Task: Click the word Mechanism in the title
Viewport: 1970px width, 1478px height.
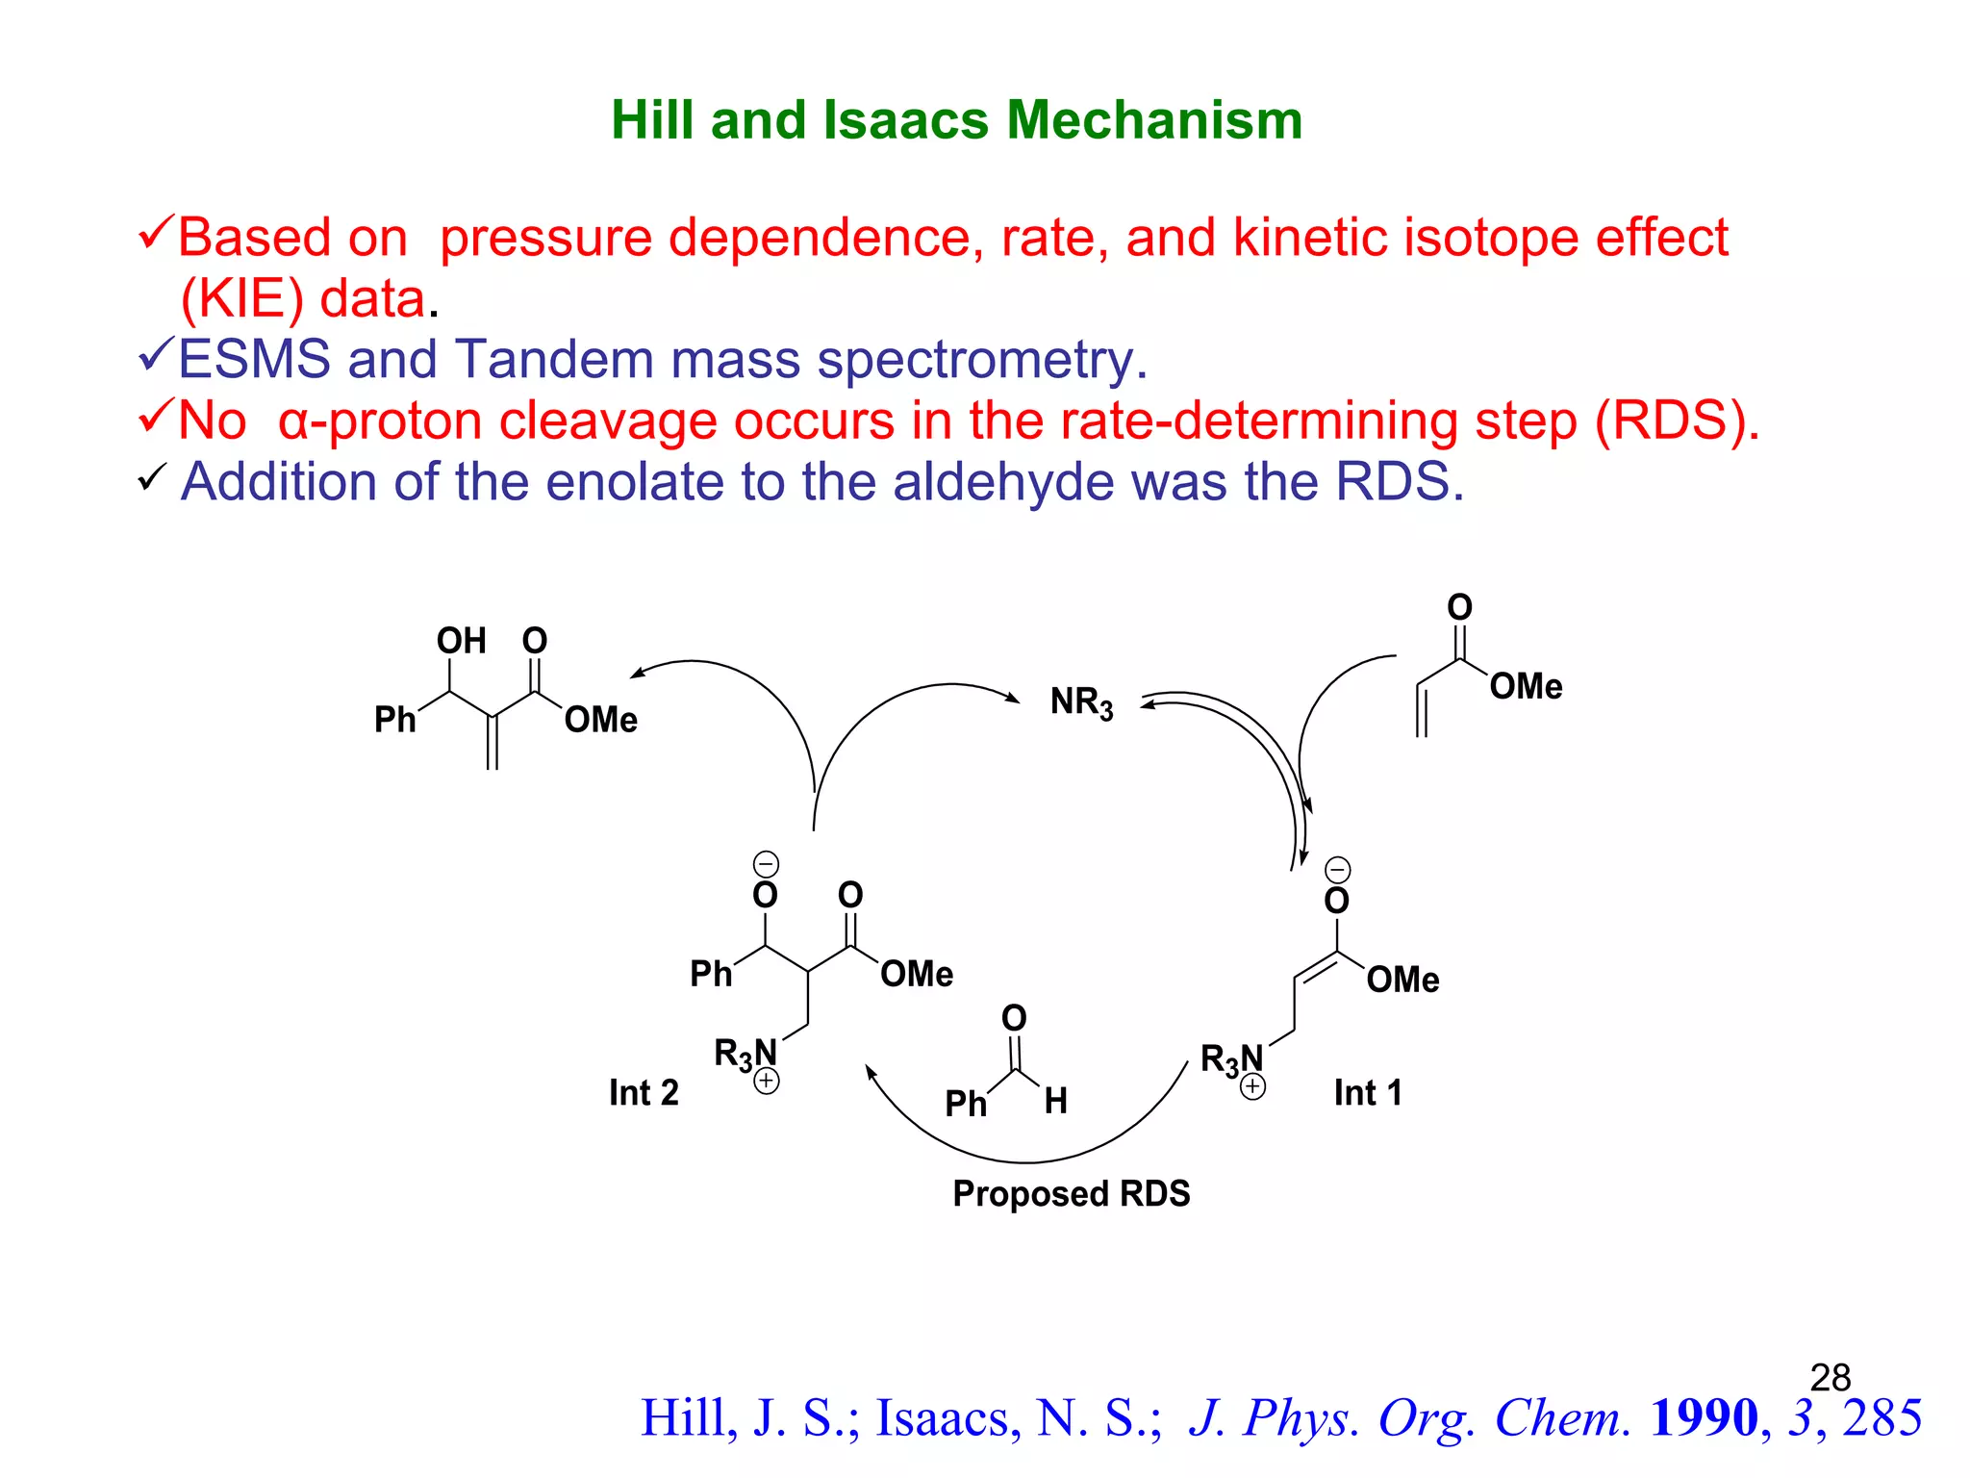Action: tap(1154, 120)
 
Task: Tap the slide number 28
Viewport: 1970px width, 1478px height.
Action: tap(1830, 1377)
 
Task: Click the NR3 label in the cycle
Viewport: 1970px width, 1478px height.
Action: tap(1081, 702)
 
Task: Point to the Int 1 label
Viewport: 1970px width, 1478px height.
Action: tap(1367, 1093)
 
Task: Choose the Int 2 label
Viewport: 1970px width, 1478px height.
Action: tap(644, 1093)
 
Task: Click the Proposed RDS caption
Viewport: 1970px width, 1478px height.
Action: tap(1071, 1194)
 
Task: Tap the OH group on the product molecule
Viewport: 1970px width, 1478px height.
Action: tap(461, 641)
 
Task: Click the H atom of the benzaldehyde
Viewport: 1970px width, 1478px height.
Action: tap(1055, 1101)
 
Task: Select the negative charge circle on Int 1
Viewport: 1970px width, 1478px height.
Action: tap(1337, 870)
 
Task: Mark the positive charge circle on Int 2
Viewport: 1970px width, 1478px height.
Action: tap(767, 1082)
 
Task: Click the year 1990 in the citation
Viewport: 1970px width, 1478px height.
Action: tap(1704, 1417)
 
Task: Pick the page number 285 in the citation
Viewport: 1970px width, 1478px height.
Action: tap(1882, 1417)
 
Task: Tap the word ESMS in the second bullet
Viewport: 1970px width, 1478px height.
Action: tap(254, 359)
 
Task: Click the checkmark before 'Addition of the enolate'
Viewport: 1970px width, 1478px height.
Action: tap(152, 476)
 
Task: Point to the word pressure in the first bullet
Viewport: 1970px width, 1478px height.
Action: tap(545, 238)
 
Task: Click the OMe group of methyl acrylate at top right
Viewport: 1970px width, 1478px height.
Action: tap(1526, 686)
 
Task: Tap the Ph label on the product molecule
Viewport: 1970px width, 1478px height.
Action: tap(394, 720)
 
